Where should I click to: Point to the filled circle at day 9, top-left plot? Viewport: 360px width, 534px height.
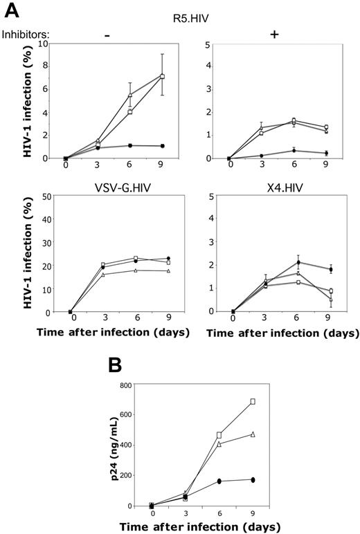coord(163,146)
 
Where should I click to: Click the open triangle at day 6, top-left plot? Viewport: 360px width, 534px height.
coord(129,95)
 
